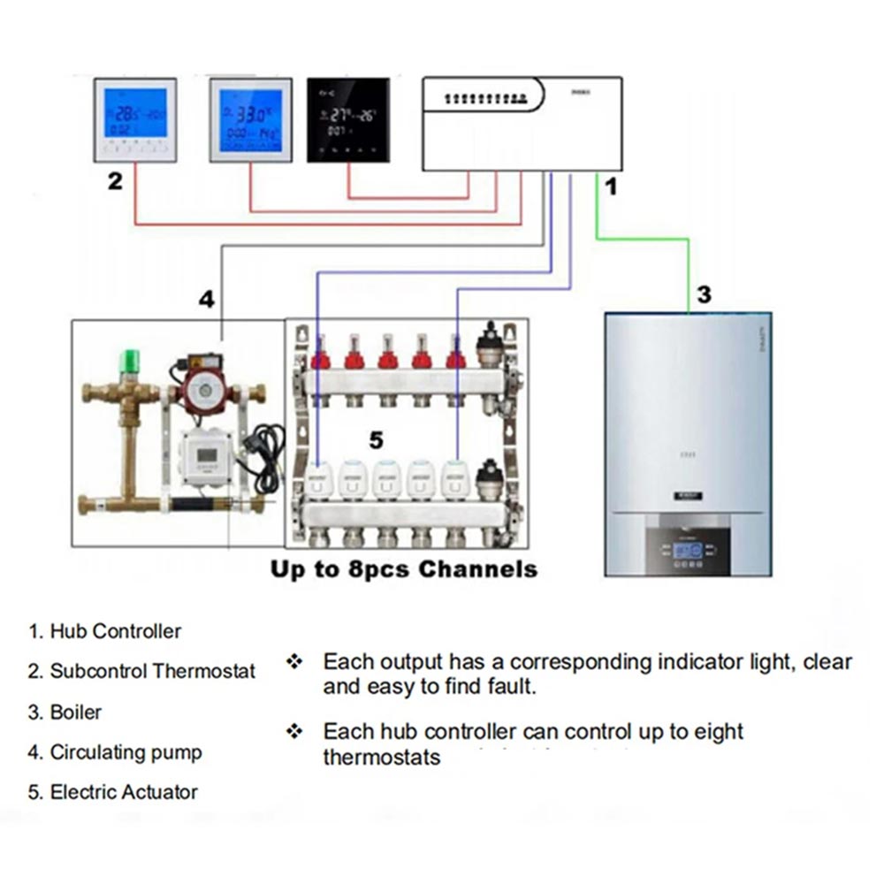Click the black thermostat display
click(x=348, y=120)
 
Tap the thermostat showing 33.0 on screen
click(x=251, y=120)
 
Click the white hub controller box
click(x=522, y=124)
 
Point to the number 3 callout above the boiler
click(x=704, y=294)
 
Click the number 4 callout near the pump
click(x=206, y=300)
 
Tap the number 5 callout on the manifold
click(x=376, y=439)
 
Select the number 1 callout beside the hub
click(x=610, y=187)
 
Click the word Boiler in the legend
click(x=75, y=713)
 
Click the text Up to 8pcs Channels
click(x=404, y=569)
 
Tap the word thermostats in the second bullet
click(x=381, y=758)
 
